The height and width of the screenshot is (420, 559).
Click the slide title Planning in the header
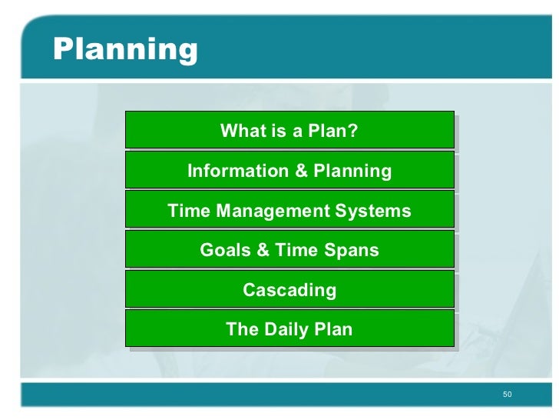(125, 50)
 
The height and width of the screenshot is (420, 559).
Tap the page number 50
(507, 395)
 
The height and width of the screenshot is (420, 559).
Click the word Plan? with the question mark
(332, 131)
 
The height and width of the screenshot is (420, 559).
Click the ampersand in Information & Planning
(301, 171)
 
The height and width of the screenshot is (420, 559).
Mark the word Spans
(353, 251)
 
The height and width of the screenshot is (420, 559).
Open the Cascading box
(289, 290)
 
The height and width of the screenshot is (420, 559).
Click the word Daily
(289, 330)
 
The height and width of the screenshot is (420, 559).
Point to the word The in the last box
(242, 330)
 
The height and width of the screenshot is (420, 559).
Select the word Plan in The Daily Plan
(334, 330)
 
